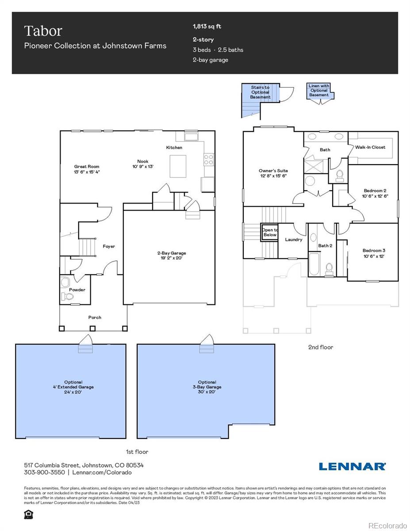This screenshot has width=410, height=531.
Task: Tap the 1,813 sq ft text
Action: point(207,27)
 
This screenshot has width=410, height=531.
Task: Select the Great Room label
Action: point(87,169)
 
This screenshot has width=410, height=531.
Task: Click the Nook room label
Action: point(142,164)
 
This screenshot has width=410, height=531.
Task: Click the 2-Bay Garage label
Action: point(170,255)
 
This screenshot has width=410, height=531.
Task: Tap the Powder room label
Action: point(77,290)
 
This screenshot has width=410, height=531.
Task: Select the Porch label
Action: point(95,317)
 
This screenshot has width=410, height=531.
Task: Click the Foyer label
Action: point(109,246)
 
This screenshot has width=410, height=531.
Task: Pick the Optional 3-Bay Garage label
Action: point(207,387)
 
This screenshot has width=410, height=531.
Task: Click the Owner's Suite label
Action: point(273,173)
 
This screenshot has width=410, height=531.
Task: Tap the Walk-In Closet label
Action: point(370,147)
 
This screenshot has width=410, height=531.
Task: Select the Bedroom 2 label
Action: point(375,193)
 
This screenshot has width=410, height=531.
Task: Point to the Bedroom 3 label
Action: point(374,253)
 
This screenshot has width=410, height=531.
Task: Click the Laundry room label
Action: point(294,239)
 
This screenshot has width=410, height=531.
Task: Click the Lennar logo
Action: point(352,466)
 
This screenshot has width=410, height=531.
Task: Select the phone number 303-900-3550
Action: point(44,472)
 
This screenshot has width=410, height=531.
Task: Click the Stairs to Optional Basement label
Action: point(260,92)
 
